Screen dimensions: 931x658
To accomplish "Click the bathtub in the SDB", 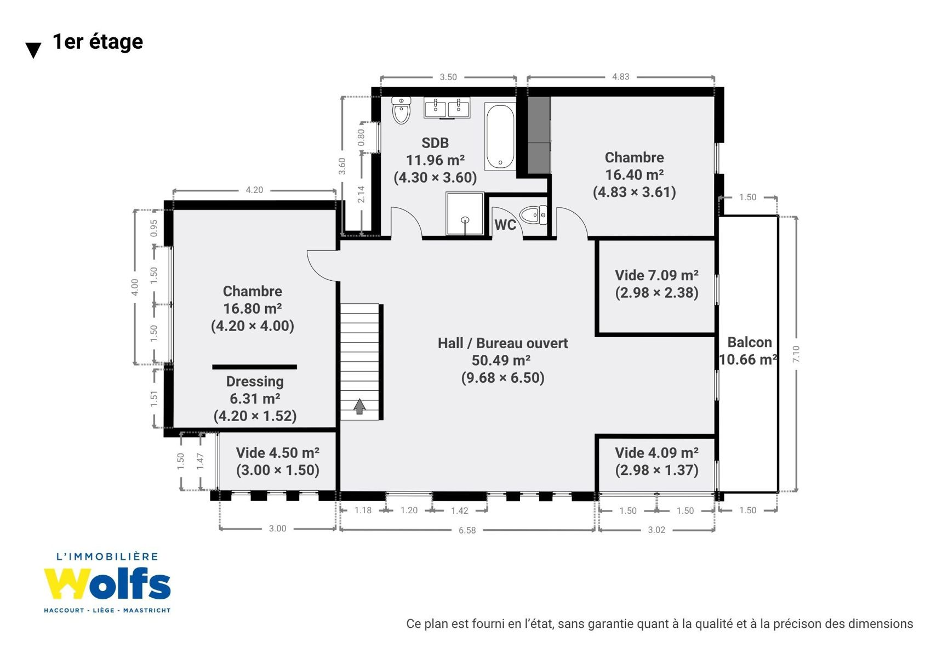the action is tap(500, 137).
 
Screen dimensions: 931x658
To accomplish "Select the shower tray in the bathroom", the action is tap(465, 214).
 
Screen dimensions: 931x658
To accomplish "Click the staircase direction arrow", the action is tap(359, 406).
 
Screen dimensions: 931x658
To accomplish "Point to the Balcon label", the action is tap(750, 342).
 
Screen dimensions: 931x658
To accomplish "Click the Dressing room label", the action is tap(255, 382).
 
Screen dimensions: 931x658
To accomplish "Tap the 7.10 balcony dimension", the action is tap(796, 354).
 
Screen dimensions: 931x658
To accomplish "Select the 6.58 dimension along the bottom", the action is tap(467, 530).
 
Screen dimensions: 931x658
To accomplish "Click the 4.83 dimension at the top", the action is tap(620, 77).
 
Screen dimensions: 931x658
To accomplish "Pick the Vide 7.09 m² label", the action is tap(656, 275).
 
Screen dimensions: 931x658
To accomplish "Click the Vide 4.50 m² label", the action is tap(278, 452).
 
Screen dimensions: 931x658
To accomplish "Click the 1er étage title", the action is tap(98, 42).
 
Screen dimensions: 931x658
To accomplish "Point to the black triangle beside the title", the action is tap(33, 50).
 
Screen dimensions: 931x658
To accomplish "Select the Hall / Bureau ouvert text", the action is tap(502, 343).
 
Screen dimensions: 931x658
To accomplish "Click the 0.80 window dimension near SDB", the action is tap(361, 137).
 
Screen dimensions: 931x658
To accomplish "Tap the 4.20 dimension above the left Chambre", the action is tap(254, 190).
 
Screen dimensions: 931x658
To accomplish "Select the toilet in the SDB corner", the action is tap(401, 110).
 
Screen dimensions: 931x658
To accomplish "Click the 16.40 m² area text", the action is tap(634, 175).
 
